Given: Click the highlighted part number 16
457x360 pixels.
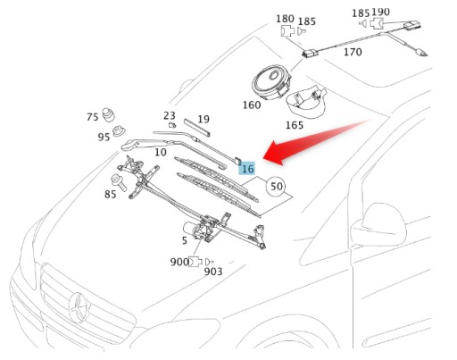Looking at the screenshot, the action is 247,169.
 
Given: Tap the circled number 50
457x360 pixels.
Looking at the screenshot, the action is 276,187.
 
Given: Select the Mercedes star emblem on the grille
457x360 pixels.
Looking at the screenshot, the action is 79,306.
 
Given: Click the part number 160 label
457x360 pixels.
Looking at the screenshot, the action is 252,105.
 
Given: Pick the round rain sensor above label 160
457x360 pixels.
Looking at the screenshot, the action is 271,83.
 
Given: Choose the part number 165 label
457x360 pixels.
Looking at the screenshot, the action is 295,125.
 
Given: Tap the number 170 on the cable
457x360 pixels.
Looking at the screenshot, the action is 353,52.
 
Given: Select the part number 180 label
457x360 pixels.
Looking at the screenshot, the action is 285,19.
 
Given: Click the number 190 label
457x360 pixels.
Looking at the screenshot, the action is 380,13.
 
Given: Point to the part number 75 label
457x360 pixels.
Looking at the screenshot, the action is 93,117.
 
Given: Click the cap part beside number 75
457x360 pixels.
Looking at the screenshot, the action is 108,115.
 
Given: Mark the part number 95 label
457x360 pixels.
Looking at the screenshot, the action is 104,137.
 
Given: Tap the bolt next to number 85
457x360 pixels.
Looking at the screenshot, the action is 119,182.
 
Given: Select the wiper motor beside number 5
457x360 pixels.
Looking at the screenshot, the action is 194,229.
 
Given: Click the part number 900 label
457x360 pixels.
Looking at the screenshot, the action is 179,262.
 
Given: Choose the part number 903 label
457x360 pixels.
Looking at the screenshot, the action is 213,272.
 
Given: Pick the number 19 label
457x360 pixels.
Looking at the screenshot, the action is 204,119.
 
